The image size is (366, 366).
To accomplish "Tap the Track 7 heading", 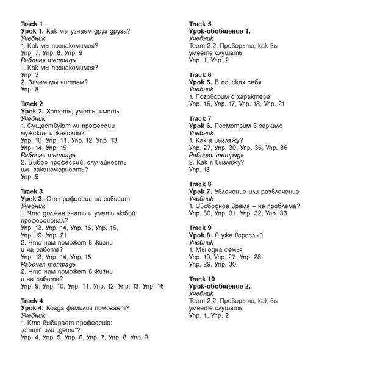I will [x=200, y=118].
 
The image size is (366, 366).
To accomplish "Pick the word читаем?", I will [x=73, y=82].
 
